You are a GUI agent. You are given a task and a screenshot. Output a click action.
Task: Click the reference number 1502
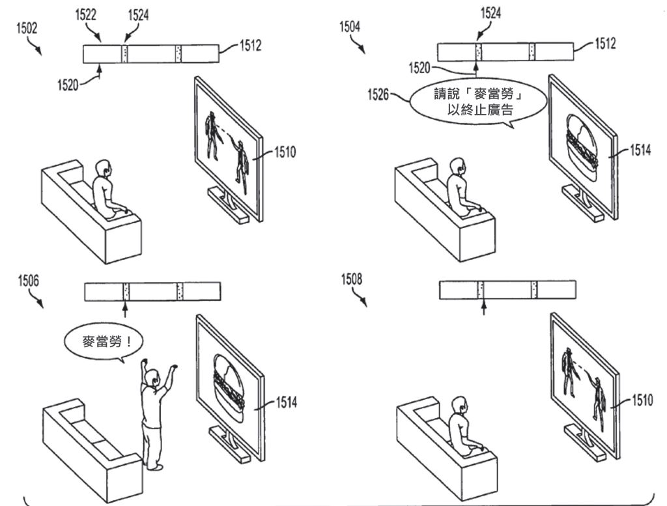pyautogui.click(x=27, y=29)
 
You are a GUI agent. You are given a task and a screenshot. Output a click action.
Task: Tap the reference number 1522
pyautogui.click(x=85, y=15)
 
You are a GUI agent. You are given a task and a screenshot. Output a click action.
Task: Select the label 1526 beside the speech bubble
pyautogui.click(x=378, y=94)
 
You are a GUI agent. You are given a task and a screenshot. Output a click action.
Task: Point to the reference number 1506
pyautogui.click(x=29, y=281)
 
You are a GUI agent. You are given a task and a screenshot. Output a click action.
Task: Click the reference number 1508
pyautogui.click(x=351, y=279)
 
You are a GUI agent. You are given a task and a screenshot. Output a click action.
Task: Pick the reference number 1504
pyautogui.click(x=350, y=27)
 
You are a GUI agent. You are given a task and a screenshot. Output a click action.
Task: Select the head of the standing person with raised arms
pyautogui.click(x=152, y=377)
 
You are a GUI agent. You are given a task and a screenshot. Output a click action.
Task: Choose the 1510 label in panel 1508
pyautogui.click(x=642, y=400)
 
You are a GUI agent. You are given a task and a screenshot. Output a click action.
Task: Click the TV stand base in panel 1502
pyautogui.click(x=228, y=206)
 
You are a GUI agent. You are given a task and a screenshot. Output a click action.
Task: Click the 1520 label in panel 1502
pyautogui.click(x=68, y=85)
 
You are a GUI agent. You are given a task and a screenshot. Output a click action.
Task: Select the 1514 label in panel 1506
pyautogui.click(x=287, y=402)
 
